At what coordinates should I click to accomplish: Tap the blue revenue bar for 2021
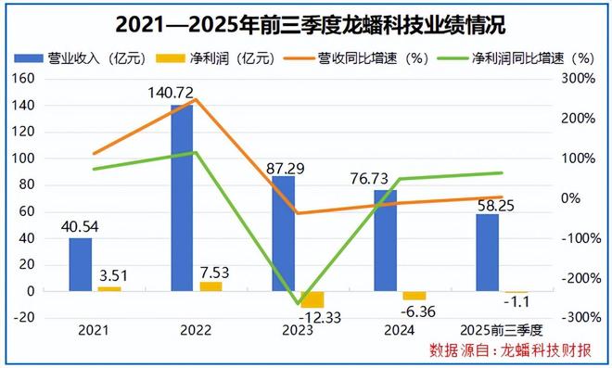coord(81,264)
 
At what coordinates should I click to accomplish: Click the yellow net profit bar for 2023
coord(312,299)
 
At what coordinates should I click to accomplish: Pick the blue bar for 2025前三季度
coord(487,252)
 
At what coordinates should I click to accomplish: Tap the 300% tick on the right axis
coord(576,79)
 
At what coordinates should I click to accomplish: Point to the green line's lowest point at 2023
coord(299,303)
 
